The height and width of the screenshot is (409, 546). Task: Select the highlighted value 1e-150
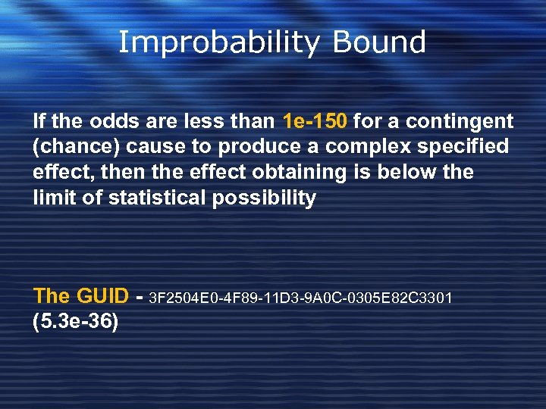click(x=315, y=121)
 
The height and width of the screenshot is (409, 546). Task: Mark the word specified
click(x=464, y=147)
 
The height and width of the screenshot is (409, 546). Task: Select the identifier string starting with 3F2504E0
click(x=302, y=297)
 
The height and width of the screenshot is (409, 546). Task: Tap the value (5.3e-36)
click(x=76, y=321)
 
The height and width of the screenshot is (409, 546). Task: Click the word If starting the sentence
click(x=39, y=121)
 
